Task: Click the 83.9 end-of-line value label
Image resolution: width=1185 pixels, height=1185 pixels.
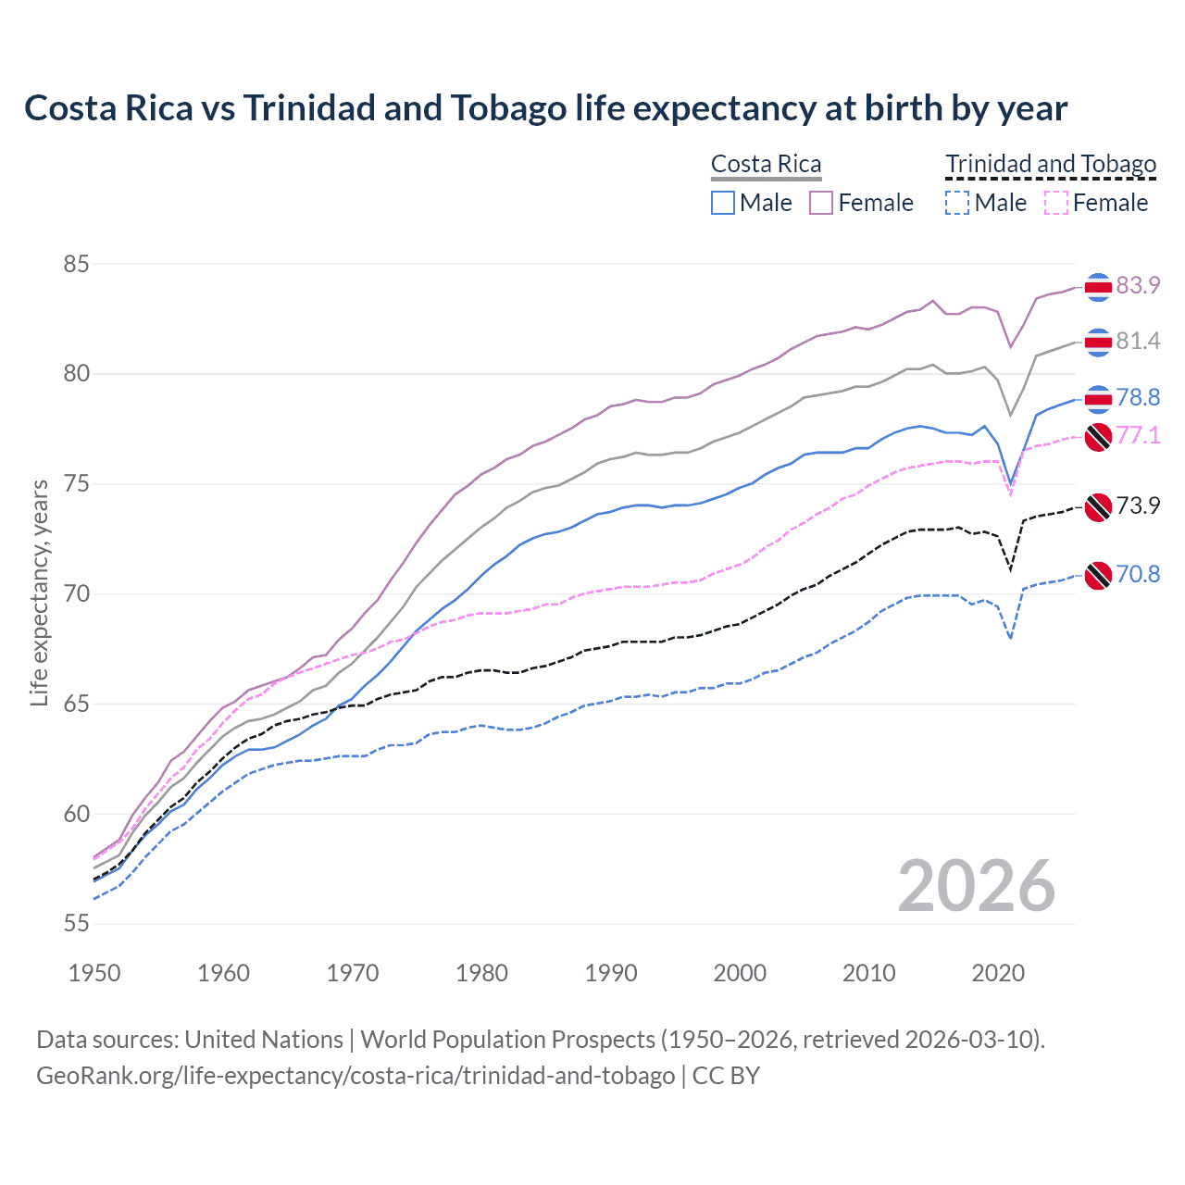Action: pyautogui.click(x=1138, y=285)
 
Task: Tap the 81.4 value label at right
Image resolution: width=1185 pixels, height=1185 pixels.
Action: pyautogui.click(x=1138, y=342)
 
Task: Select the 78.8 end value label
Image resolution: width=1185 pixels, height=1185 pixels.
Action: pyautogui.click(x=1138, y=398)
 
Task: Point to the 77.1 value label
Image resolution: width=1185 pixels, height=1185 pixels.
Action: pyautogui.click(x=1138, y=435)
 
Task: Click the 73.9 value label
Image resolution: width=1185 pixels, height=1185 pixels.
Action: pyautogui.click(x=1138, y=506)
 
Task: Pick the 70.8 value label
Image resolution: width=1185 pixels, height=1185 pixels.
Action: pyautogui.click(x=1138, y=575)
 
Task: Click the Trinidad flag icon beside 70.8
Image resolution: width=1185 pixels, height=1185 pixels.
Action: pyautogui.click(x=1098, y=575)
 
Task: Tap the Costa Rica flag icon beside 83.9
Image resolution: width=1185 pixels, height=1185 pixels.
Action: pyautogui.click(x=1098, y=287)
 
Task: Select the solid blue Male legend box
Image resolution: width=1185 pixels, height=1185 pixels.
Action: pyautogui.click(x=723, y=203)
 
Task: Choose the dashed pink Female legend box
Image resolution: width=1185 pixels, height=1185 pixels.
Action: pyautogui.click(x=1056, y=203)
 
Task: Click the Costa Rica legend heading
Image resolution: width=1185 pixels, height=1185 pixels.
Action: pyautogui.click(x=766, y=165)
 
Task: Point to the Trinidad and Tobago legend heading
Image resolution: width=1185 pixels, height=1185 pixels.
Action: pyautogui.click(x=1051, y=165)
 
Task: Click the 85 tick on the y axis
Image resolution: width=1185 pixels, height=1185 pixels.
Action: pyautogui.click(x=76, y=265)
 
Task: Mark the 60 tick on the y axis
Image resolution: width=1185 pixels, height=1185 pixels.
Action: pyautogui.click(x=76, y=815)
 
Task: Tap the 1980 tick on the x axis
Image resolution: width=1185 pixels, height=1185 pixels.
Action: pyautogui.click(x=482, y=973)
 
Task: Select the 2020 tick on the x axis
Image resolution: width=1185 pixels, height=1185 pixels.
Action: pyautogui.click(x=998, y=973)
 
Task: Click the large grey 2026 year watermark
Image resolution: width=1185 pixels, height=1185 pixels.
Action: pyautogui.click(x=977, y=887)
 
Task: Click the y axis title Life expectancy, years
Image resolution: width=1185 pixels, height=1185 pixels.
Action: pyautogui.click(x=40, y=592)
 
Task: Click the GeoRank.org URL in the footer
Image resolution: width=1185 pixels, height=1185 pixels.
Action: pyautogui.click(x=355, y=1076)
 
